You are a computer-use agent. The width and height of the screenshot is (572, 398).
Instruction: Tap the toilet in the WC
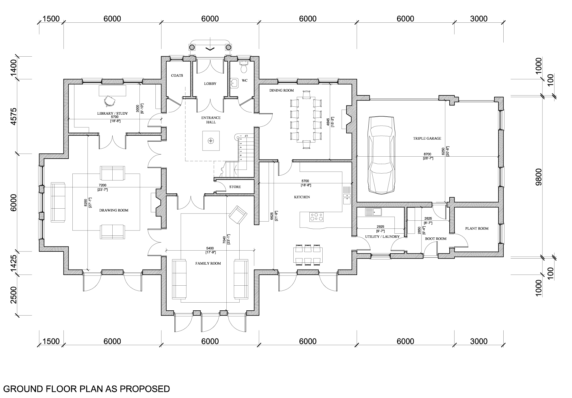coord(244,67)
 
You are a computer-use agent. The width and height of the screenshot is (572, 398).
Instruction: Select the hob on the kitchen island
coord(316,217)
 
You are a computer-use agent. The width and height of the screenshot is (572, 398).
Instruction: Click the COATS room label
coord(177,76)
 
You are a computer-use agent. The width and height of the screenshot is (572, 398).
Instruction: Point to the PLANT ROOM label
coord(477,228)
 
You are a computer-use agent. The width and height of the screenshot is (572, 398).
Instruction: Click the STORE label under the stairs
coord(235,187)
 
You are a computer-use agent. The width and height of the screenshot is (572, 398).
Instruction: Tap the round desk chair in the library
coord(109,101)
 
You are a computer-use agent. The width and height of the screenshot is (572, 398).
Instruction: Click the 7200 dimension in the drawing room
coord(103,185)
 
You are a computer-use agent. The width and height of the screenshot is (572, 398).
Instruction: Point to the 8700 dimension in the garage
coord(427,154)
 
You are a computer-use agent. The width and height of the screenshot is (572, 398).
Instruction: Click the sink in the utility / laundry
coord(373,212)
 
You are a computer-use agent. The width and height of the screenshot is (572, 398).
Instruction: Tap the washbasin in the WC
coord(234,82)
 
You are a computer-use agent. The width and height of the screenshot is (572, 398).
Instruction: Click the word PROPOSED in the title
coord(145,389)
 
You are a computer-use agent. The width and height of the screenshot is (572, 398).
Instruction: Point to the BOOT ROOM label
coord(436,239)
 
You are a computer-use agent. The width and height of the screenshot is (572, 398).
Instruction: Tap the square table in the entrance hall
coord(211,141)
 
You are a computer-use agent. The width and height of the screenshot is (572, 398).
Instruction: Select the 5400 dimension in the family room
coord(210,248)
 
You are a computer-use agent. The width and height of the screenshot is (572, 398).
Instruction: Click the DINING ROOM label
coord(282,91)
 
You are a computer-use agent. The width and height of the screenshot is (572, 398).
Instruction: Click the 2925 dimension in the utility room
coord(380,227)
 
